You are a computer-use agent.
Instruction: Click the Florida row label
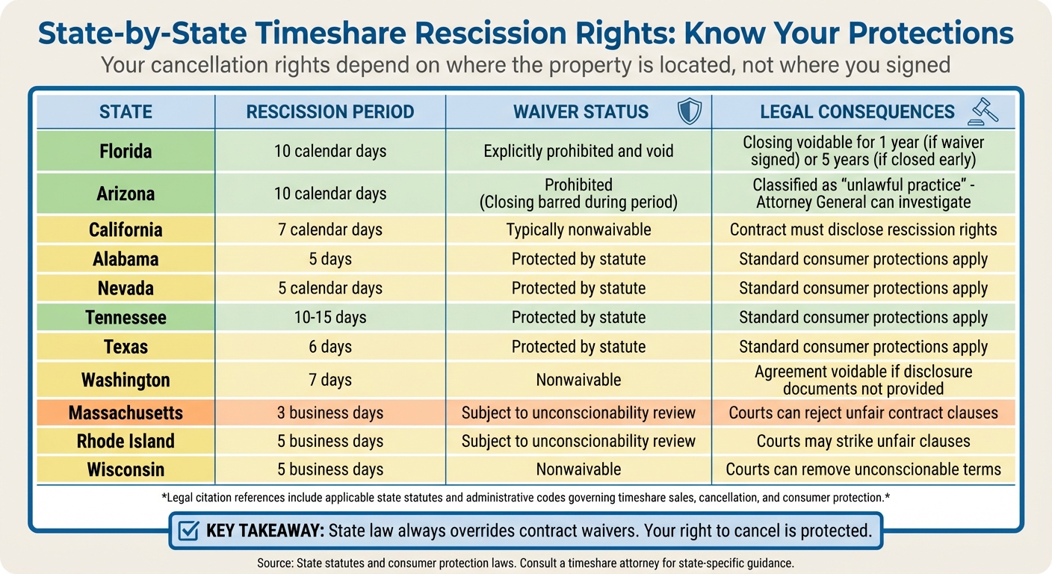126,151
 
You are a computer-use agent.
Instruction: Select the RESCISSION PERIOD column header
330,112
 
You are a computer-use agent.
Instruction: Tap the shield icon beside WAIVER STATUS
688,112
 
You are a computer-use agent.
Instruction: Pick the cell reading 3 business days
330,413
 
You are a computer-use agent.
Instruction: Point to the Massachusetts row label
126,413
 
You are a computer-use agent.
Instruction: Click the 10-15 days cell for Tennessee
330,317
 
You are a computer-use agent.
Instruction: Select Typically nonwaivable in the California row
578,229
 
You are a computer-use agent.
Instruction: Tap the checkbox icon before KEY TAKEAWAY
189,531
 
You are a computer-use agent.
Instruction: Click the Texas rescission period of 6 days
330,347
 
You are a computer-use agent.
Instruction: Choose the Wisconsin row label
126,469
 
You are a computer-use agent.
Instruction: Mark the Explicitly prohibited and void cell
578,151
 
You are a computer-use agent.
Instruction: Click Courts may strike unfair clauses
863,441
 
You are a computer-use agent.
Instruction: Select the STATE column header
126,112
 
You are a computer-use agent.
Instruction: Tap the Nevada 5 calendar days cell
330,288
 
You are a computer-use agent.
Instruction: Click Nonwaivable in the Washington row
578,380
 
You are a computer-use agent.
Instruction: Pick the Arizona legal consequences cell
863,193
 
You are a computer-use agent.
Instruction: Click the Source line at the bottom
525,562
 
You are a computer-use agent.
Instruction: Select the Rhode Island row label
126,441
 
